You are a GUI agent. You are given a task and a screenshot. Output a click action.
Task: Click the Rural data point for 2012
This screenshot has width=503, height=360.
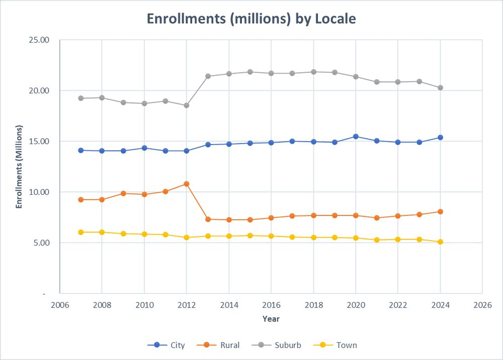click(x=187, y=184)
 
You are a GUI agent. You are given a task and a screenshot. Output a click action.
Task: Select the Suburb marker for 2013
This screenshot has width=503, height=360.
click(x=208, y=76)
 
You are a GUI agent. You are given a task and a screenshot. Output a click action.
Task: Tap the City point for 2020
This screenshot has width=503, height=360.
click(x=356, y=136)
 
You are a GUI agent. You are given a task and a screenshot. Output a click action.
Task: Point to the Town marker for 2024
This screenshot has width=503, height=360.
click(x=440, y=242)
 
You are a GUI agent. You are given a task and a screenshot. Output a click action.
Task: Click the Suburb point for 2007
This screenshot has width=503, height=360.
click(x=80, y=98)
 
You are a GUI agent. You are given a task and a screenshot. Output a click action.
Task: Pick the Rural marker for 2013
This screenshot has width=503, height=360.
click(x=208, y=219)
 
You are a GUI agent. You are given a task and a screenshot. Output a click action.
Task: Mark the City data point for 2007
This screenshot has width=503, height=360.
click(x=80, y=150)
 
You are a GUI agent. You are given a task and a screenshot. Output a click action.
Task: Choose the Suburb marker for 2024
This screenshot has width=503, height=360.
click(x=440, y=88)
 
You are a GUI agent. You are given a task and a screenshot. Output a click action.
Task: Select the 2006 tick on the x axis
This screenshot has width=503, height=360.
click(x=59, y=305)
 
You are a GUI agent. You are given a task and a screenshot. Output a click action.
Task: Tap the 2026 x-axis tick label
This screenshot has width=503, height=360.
click(x=482, y=305)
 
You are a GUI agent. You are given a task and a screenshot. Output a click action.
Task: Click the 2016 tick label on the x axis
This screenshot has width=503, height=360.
click(x=271, y=305)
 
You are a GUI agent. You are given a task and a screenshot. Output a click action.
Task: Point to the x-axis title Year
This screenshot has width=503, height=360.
click(x=271, y=319)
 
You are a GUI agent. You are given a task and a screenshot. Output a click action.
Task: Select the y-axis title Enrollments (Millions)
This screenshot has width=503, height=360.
click(x=19, y=166)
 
